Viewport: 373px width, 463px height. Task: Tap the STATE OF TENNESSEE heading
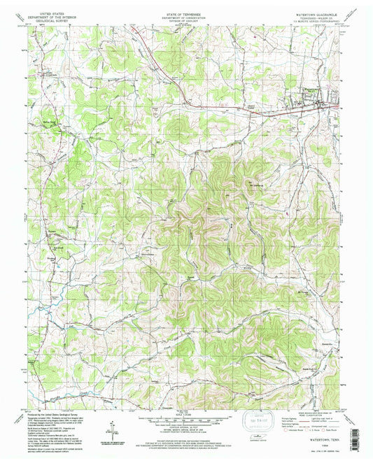point(185,13)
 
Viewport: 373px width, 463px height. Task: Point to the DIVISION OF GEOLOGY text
point(185,21)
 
